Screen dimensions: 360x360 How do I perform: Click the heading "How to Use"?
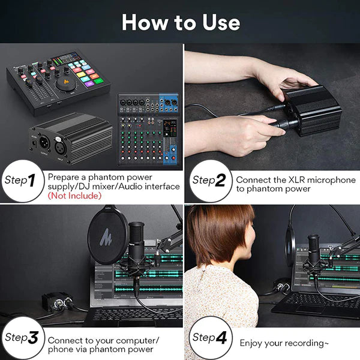[x=181, y=22]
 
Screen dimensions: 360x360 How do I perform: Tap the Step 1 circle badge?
[x=23, y=179]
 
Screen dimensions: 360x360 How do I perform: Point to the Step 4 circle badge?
[x=209, y=337]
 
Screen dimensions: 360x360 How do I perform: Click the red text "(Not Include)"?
[x=73, y=196]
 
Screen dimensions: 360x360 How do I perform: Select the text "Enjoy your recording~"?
[x=284, y=343]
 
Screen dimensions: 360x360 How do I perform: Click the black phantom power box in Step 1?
[x=69, y=137]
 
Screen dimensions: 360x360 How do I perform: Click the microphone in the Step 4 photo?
[x=314, y=252]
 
